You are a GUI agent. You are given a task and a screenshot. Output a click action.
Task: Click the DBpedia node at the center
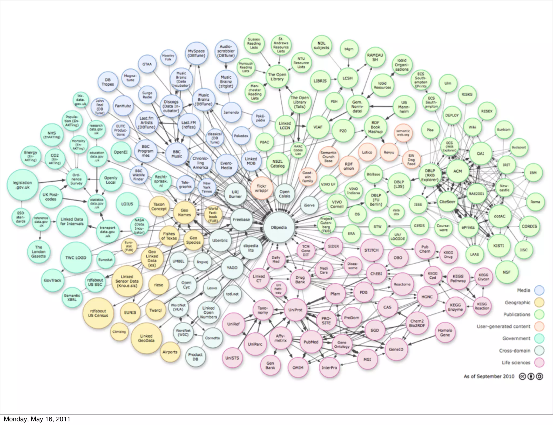pyautogui.click(x=279, y=227)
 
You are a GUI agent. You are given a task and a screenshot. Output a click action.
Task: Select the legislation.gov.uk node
pyautogui.click(x=22, y=185)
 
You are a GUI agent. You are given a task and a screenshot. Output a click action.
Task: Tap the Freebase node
pyautogui.click(x=241, y=220)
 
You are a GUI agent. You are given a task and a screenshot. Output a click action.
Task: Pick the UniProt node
pyautogui.click(x=295, y=310)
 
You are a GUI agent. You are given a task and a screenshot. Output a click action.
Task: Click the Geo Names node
pyautogui.click(x=184, y=212)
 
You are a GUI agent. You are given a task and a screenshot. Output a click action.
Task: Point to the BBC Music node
pyautogui.click(x=177, y=154)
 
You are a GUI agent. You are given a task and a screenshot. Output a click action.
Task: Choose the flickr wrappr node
pyautogui.click(x=261, y=188)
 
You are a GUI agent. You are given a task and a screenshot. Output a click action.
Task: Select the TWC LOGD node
pyautogui.click(x=76, y=258)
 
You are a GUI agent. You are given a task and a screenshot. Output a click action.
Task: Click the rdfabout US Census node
pyautogui.click(x=98, y=313)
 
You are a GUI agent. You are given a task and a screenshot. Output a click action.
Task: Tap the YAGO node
pyautogui.click(x=232, y=268)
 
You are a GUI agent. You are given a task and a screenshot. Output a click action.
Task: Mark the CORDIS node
pyautogui.click(x=529, y=226)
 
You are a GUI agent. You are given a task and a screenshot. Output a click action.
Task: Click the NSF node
pyautogui.click(x=507, y=272)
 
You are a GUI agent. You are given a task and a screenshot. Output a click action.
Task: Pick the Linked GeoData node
pyautogui.click(x=146, y=338)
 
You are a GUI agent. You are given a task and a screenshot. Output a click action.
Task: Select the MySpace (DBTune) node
pyautogui.click(x=196, y=53)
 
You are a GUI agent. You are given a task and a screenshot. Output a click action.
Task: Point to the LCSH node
pyautogui.click(x=348, y=78)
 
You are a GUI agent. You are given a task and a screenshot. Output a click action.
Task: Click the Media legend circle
pyautogui.click(x=539, y=290)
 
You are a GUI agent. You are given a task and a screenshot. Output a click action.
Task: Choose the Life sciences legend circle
pyautogui.click(x=539, y=363)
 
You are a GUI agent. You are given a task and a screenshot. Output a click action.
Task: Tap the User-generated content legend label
pyautogui.click(x=503, y=326)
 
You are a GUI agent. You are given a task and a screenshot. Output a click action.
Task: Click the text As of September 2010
pyautogui.click(x=489, y=376)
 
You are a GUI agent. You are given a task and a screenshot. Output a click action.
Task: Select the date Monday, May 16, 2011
pyautogui.click(x=37, y=419)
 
